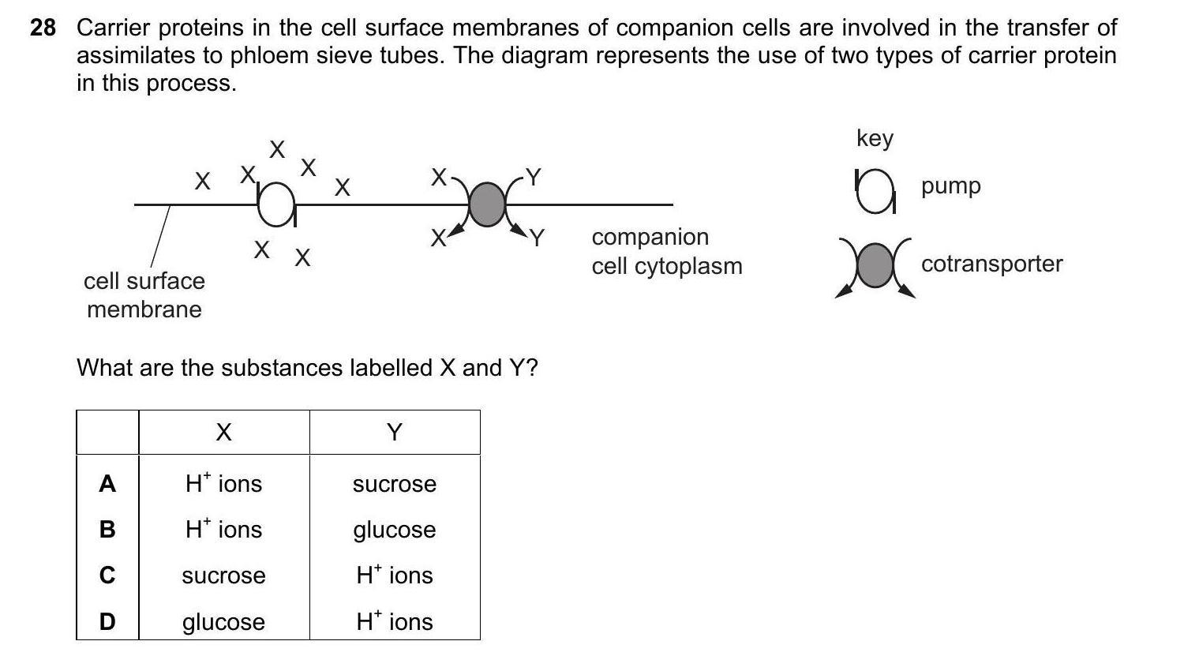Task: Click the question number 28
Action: [x=43, y=28]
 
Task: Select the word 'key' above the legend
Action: [x=875, y=138]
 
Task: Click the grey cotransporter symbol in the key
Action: [x=874, y=264]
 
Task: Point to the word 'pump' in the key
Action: [x=950, y=186]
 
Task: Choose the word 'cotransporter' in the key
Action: [x=991, y=264]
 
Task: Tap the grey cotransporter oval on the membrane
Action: [x=487, y=204]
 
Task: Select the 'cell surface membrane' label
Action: [x=144, y=294]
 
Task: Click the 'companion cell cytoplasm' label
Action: [x=667, y=251]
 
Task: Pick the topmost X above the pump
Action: [x=276, y=149]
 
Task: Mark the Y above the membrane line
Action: [x=534, y=177]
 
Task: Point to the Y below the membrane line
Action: [x=537, y=237]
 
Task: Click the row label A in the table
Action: [x=107, y=484]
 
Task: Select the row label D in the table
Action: [x=107, y=622]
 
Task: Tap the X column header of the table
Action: [x=223, y=433]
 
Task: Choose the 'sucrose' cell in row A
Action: [x=394, y=484]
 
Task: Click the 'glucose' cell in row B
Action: [x=394, y=530]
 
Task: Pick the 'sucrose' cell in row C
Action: [x=223, y=575]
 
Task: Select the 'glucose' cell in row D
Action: [x=223, y=622]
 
